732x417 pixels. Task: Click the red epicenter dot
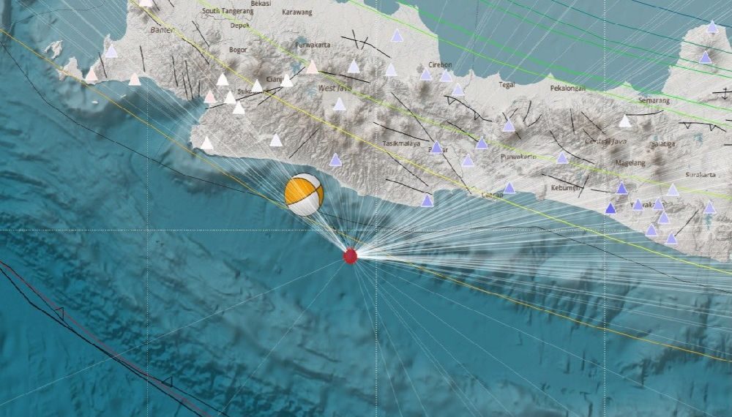click(x=351, y=255)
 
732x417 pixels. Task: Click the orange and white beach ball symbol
click(x=304, y=194)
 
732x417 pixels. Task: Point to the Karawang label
click(x=296, y=12)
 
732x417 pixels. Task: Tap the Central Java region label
click(x=602, y=140)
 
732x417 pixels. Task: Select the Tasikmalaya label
click(x=400, y=143)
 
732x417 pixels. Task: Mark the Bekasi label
click(x=261, y=4)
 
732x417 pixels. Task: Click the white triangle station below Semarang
click(x=624, y=121)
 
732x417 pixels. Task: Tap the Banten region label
click(x=160, y=31)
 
